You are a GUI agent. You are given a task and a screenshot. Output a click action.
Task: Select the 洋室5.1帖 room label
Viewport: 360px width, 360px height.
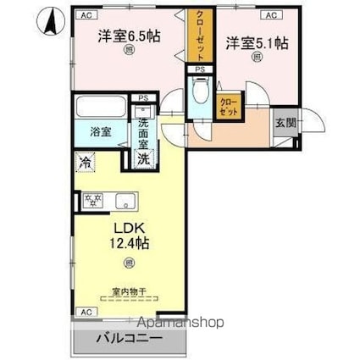pyautogui.click(x=253, y=42)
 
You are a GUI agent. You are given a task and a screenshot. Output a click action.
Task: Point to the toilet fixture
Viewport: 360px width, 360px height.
pyautogui.click(x=201, y=91)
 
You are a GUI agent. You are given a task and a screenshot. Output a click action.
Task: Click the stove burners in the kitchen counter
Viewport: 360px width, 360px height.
pyautogui.click(x=93, y=201)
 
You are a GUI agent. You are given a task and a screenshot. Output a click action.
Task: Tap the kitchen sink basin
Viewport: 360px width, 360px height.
pyautogui.click(x=126, y=201)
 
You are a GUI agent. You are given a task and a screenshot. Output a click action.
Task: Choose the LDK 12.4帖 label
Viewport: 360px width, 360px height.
pyautogui.click(x=129, y=236)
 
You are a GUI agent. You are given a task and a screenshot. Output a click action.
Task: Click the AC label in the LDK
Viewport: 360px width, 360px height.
pyautogui.click(x=86, y=312)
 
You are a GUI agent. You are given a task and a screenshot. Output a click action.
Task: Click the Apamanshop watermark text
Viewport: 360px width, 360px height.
pyautogui.click(x=181, y=322)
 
